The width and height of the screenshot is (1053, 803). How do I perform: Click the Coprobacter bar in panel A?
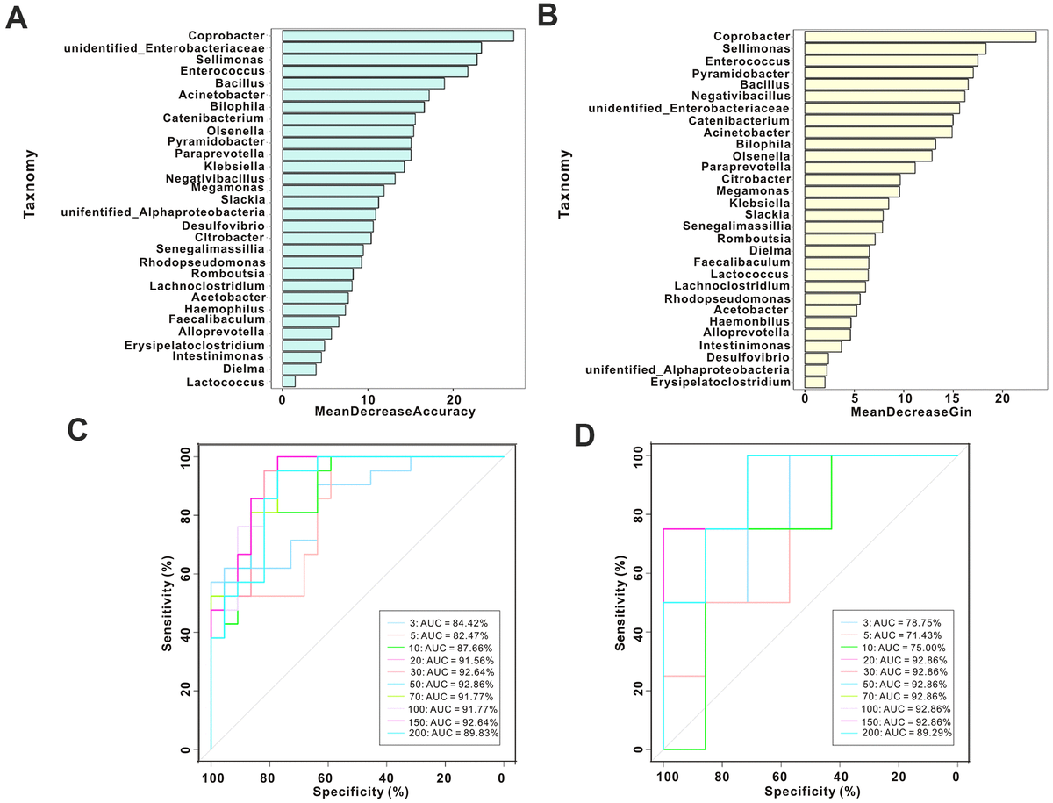click(398, 36)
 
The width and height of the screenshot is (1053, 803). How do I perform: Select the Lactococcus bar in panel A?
click(289, 382)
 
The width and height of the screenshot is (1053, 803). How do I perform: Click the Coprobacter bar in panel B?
click(920, 36)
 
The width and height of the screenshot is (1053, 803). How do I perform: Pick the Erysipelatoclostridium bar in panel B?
click(815, 382)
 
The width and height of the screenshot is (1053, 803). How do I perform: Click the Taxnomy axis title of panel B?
click(567, 185)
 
